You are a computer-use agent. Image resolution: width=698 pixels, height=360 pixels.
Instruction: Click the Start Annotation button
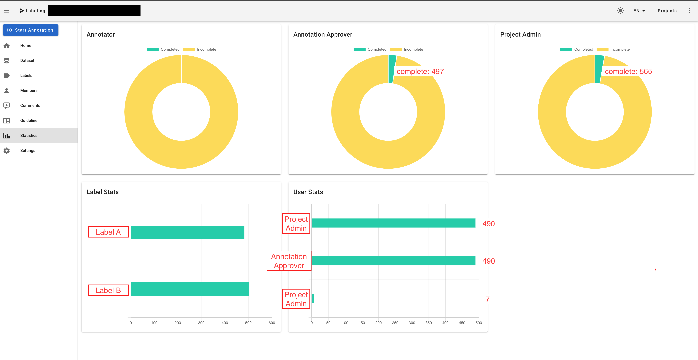click(x=31, y=30)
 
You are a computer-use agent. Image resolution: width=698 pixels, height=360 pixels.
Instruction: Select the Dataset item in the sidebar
click(x=27, y=60)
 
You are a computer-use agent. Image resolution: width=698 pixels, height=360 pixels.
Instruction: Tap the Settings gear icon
click(x=7, y=151)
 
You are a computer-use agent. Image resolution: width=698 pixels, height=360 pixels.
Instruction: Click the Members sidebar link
click(x=29, y=90)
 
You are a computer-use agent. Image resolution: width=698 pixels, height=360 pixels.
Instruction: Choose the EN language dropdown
click(x=639, y=11)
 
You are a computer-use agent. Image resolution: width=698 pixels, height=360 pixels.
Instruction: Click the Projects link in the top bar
click(x=667, y=11)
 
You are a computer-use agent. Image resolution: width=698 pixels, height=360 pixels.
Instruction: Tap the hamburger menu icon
click(x=7, y=11)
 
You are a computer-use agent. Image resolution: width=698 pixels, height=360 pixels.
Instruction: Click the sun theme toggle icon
click(x=620, y=11)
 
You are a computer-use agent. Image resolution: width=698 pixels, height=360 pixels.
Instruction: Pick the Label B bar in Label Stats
click(x=190, y=289)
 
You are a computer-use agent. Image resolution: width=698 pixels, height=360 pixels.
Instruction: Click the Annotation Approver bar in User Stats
click(x=393, y=261)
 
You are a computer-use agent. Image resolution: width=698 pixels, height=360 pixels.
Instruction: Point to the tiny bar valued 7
click(x=313, y=298)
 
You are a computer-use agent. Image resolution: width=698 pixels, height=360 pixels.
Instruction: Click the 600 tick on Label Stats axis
click(x=271, y=323)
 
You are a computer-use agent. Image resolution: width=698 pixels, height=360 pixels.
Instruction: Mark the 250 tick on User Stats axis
click(x=395, y=323)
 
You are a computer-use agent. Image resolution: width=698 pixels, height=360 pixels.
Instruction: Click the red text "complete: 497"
click(x=420, y=72)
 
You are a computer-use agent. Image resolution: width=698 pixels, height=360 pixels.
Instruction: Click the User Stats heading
click(x=308, y=192)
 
